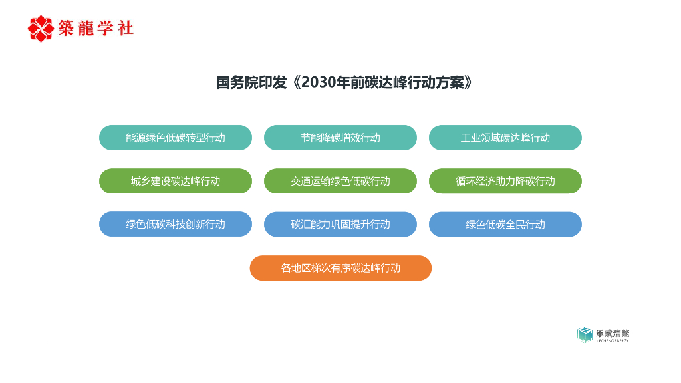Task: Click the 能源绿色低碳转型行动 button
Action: (176, 138)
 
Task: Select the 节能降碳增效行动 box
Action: (340, 138)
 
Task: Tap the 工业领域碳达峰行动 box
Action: (505, 138)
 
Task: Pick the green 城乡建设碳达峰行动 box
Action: (176, 181)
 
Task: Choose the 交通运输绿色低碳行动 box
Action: (340, 181)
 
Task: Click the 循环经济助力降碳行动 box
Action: (505, 181)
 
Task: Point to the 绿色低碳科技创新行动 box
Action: (176, 224)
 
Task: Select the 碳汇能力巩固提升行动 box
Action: (340, 224)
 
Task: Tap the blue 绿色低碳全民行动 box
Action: (505, 224)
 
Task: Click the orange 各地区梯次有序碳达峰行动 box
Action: (340, 268)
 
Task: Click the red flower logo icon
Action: (41, 29)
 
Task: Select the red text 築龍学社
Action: (96, 28)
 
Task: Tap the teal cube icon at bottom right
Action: (585, 334)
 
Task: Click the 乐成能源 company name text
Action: (612, 334)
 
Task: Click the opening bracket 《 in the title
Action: (295, 82)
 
